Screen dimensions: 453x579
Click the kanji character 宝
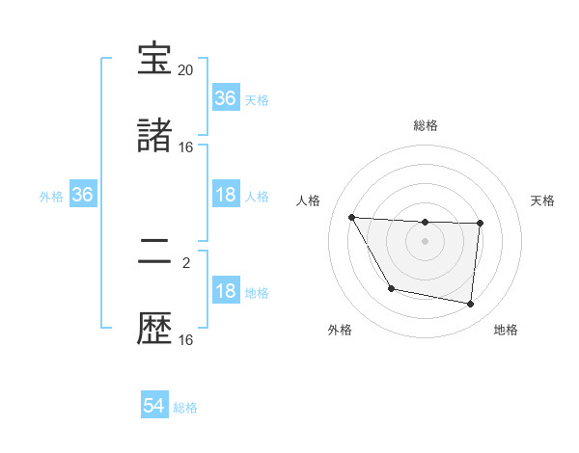point(155,60)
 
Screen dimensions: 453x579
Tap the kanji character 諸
point(155,137)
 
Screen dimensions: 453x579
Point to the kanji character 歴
point(155,330)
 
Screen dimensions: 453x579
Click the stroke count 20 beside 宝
point(186,70)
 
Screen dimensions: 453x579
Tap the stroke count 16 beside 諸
point(186,147)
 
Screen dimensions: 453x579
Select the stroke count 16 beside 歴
point(186,340)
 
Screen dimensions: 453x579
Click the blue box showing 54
point(154,406)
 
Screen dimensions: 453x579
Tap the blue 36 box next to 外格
point(83,195)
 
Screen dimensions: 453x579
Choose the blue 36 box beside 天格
point(225,98)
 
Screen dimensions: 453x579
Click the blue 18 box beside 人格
point(225,195)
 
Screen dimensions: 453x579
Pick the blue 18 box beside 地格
point(225,291)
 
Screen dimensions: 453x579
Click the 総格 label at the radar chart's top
point(426,125)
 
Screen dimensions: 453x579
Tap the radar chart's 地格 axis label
point(506,331)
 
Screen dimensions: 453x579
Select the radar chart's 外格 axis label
point(340,331)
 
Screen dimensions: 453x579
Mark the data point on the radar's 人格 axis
point(352,217)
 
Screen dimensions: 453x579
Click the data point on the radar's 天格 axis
point(480,224)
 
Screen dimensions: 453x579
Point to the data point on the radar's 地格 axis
point(470,305)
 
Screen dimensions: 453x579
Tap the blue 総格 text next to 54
point(185,408)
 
